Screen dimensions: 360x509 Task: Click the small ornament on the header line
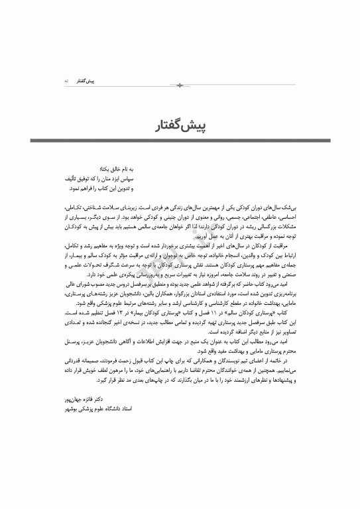pos(180,85)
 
